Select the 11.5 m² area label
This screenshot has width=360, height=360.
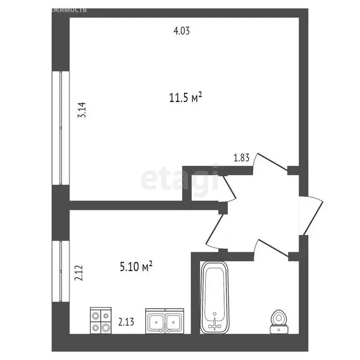185,98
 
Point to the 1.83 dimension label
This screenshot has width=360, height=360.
241,157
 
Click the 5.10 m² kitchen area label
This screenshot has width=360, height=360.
136,267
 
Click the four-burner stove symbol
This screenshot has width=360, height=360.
101,320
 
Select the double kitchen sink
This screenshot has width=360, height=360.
164,321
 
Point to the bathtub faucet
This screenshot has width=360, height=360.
215,322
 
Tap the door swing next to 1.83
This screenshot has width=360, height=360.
270,165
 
